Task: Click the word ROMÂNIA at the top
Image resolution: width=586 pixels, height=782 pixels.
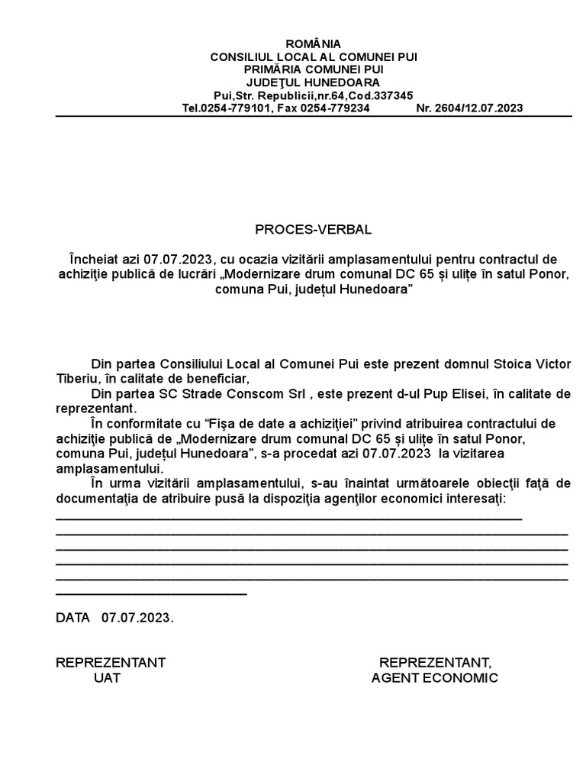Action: point(314,44)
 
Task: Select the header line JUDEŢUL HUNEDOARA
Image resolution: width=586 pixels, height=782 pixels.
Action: point(314,82)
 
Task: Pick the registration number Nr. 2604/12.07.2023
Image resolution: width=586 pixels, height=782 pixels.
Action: point(469,108)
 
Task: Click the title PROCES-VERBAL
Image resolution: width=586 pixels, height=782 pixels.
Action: point(314,230)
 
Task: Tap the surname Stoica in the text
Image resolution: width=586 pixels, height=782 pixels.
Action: point(514,364)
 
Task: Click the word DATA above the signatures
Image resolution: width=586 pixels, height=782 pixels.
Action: point(72,617)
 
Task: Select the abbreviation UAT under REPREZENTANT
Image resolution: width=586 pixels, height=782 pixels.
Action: point(108,677)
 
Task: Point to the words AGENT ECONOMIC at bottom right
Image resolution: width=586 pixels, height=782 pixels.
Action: point(435,677)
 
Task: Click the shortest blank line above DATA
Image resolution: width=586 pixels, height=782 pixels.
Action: point(151,593)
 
